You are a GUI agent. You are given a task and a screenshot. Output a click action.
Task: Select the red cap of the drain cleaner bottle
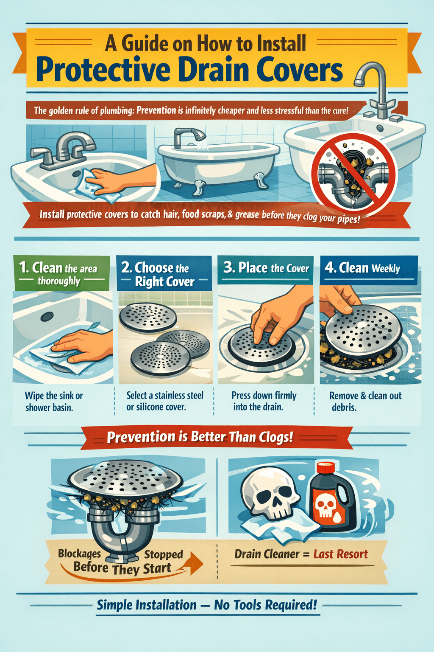click(x=326, y=468)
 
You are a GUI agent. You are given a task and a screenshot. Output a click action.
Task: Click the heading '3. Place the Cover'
click(x=266, y=268)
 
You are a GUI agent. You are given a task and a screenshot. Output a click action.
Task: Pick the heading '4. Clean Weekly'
click(x=363, y=268)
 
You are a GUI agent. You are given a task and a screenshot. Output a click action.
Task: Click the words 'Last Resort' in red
click(x=341, y=554)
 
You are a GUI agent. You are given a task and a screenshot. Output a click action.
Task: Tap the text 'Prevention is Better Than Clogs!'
click(x=200, y=437)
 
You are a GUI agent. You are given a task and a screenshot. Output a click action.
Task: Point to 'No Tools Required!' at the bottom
click(x=265, y=604)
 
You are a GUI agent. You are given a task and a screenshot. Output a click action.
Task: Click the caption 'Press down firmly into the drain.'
click(x=264, y=401)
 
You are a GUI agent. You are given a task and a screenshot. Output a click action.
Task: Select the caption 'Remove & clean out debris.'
click(x=365, y=401)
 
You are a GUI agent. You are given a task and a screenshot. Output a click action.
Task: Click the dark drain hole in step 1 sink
click(x=47, y=316)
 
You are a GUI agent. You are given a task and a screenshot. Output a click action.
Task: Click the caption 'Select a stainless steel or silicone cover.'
click(x=164, y=401)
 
